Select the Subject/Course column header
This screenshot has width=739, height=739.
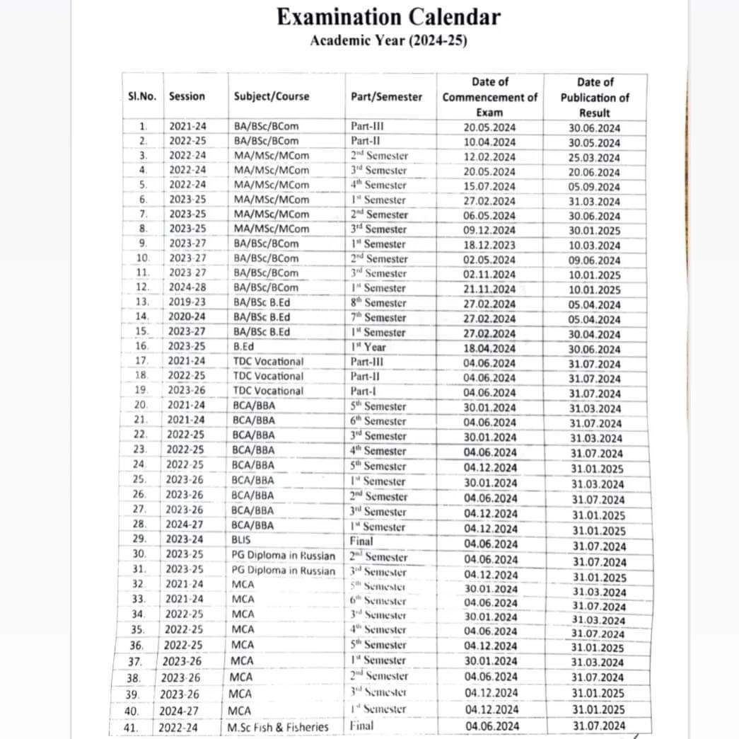coord(271,96)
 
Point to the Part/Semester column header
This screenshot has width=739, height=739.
coord(386,96)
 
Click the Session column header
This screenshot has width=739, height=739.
coord(187,96)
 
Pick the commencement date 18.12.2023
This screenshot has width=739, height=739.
coord(490,245)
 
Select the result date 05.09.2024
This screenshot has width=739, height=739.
coord(594,187)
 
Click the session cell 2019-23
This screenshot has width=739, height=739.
coord(187,303)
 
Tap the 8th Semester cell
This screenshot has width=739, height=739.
coord(378,303)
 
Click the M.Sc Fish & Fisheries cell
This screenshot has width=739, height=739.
coord(278,726)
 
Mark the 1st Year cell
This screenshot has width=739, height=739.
coord(368,347)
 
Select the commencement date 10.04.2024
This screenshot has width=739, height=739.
coord(490,142)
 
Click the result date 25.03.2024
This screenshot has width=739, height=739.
coord(594,157)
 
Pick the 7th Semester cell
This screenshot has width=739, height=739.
coord(378,318)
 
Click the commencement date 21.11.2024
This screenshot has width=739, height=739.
coord(490,289)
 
